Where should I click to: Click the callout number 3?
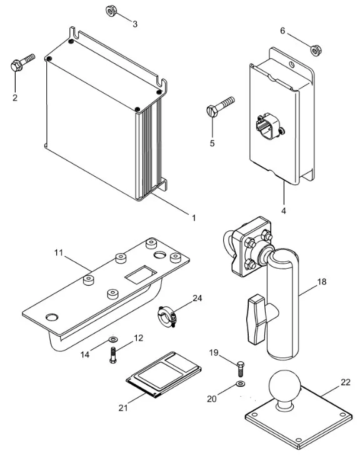click(135, 24)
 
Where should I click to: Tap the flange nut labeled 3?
click(111, 11)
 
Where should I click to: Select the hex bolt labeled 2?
click(22, 62)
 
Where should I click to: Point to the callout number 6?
click(282, 31)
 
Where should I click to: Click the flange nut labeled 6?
click(315, 51)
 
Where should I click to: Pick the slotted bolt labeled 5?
click(221, 107)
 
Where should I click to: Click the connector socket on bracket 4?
click(267, 126)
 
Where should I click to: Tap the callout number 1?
click(194, 217)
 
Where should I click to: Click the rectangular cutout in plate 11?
click(141, 274)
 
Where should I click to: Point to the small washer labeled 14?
click(112, 339)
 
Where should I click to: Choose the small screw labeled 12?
click(113, 355)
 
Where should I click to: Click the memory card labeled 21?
click(164, 375)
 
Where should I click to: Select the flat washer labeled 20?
click(241, 383)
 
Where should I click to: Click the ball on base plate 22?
click(284, 386)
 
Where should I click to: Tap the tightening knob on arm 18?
click(257, 319)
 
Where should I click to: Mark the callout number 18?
click(321, 282)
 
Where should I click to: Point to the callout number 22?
click(346, 382)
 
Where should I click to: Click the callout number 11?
click(59, 252)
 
